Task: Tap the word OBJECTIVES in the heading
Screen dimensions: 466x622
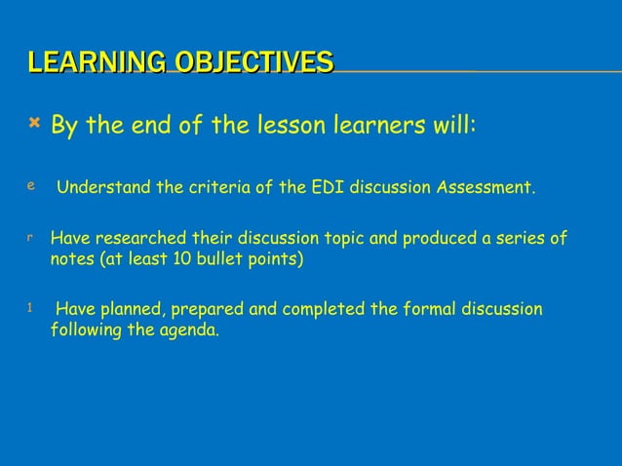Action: [253, 63]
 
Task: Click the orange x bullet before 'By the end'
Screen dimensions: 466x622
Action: [34, 123]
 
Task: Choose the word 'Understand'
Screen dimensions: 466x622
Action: [101, 188]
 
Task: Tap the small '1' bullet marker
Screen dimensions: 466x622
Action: [30, 307]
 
